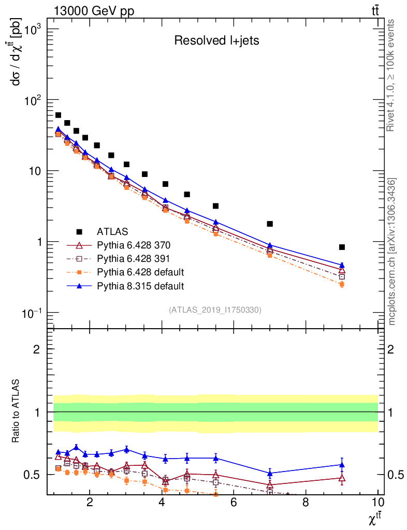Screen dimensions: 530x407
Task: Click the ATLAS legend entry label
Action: (x=112, y=231)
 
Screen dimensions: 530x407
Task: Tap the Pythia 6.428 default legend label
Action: (x=140, y=272)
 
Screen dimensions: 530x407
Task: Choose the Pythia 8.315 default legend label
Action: (x=140, y=286)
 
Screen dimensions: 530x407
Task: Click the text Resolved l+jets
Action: (x=216, y=41)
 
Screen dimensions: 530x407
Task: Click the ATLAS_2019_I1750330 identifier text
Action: (x=215, y=310)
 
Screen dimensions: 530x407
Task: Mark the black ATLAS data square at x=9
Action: (x=342, y=247)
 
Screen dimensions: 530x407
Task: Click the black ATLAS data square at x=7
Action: (x=270, y=224)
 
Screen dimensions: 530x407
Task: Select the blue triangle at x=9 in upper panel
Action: (x=342, y=265)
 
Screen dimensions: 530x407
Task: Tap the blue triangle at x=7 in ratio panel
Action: (x=270, y=473)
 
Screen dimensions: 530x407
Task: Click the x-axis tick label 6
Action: (x=234, y=503)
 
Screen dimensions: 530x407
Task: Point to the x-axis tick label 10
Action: (x=377, y=503)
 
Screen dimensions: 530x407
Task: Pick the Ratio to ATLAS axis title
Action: (x=17, y=412)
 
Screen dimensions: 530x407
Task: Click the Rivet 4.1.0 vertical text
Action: (x=391, y=76)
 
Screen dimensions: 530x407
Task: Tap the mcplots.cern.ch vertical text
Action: (x=392, y=251)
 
